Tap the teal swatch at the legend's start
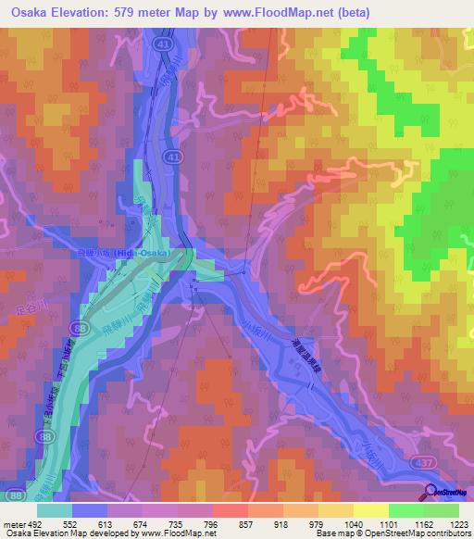coord(55,509)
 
